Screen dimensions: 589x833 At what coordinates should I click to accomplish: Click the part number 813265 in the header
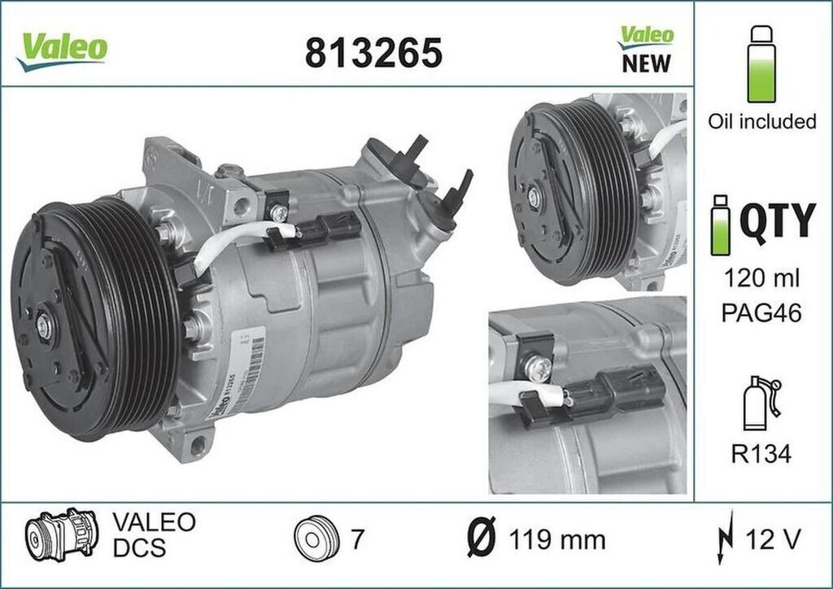click(373, 54)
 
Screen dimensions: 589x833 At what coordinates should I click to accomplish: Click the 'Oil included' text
click(761, 122)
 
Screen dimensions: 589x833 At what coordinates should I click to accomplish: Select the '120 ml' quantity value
click(762, 279)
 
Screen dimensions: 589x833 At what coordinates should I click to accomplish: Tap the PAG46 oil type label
click(762, 313)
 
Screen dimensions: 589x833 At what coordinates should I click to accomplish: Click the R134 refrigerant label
click(762, 454)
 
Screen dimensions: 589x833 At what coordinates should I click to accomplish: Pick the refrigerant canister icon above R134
click(761, 404)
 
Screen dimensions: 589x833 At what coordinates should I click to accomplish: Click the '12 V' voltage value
click(772, 539)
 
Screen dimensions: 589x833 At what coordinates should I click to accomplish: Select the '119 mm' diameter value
click(557, 539)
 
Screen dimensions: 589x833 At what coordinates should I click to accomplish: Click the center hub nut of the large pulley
click(42, 326)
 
